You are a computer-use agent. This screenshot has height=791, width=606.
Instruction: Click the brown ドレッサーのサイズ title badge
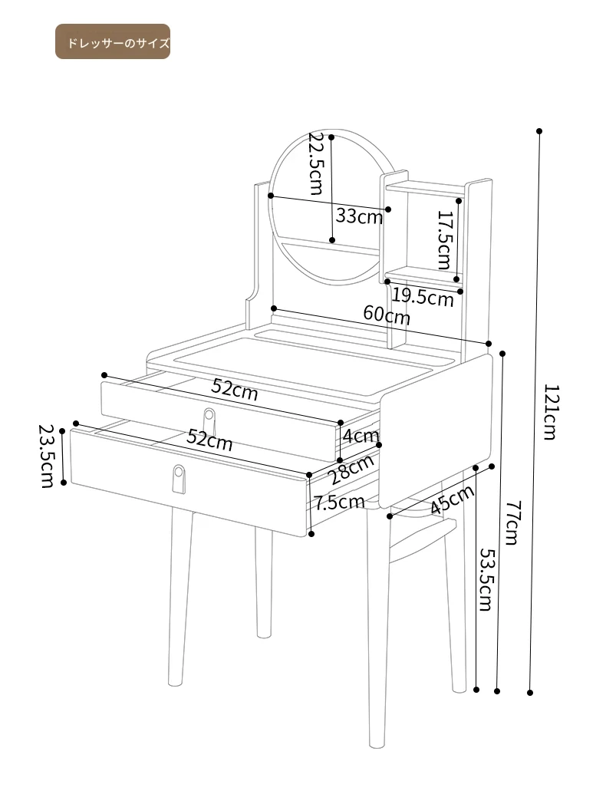coord(113,41)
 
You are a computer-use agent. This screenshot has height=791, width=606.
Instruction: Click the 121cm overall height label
coord(551,412)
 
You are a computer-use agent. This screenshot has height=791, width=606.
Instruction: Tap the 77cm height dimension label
coord(511,522)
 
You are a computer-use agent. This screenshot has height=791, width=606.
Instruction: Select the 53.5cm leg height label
coord(486,579)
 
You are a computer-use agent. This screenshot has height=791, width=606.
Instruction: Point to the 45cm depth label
coord(452,499)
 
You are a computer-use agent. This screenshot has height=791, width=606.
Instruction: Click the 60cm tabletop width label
coord(387,315)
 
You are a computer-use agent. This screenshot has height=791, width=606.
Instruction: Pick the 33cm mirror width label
coord(359,216)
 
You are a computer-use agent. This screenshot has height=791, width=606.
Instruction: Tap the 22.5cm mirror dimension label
coord(316,163)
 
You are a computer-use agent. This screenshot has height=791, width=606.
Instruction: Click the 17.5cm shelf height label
coord(444,240)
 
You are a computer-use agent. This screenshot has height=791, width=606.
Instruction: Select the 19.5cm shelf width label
coord(423,297)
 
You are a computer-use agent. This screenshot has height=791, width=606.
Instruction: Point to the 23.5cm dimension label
coord(47,456)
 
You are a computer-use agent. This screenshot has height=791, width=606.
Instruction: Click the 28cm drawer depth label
coord(351,469)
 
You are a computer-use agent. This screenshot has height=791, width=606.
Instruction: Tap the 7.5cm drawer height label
coord(339,502)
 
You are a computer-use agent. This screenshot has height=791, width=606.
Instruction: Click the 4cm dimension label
coord(361,435)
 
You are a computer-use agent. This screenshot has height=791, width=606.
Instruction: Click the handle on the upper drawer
coord(209,419)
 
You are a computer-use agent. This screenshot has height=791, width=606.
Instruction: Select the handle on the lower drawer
coord(179,479)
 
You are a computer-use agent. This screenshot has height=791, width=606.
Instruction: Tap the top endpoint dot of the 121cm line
coord(539,131)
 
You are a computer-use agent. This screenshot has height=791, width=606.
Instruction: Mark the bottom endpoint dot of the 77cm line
coord(497,691)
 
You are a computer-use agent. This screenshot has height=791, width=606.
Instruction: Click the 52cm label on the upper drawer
coord(235,390)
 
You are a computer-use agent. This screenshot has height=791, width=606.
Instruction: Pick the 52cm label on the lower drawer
coord(209,440)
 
